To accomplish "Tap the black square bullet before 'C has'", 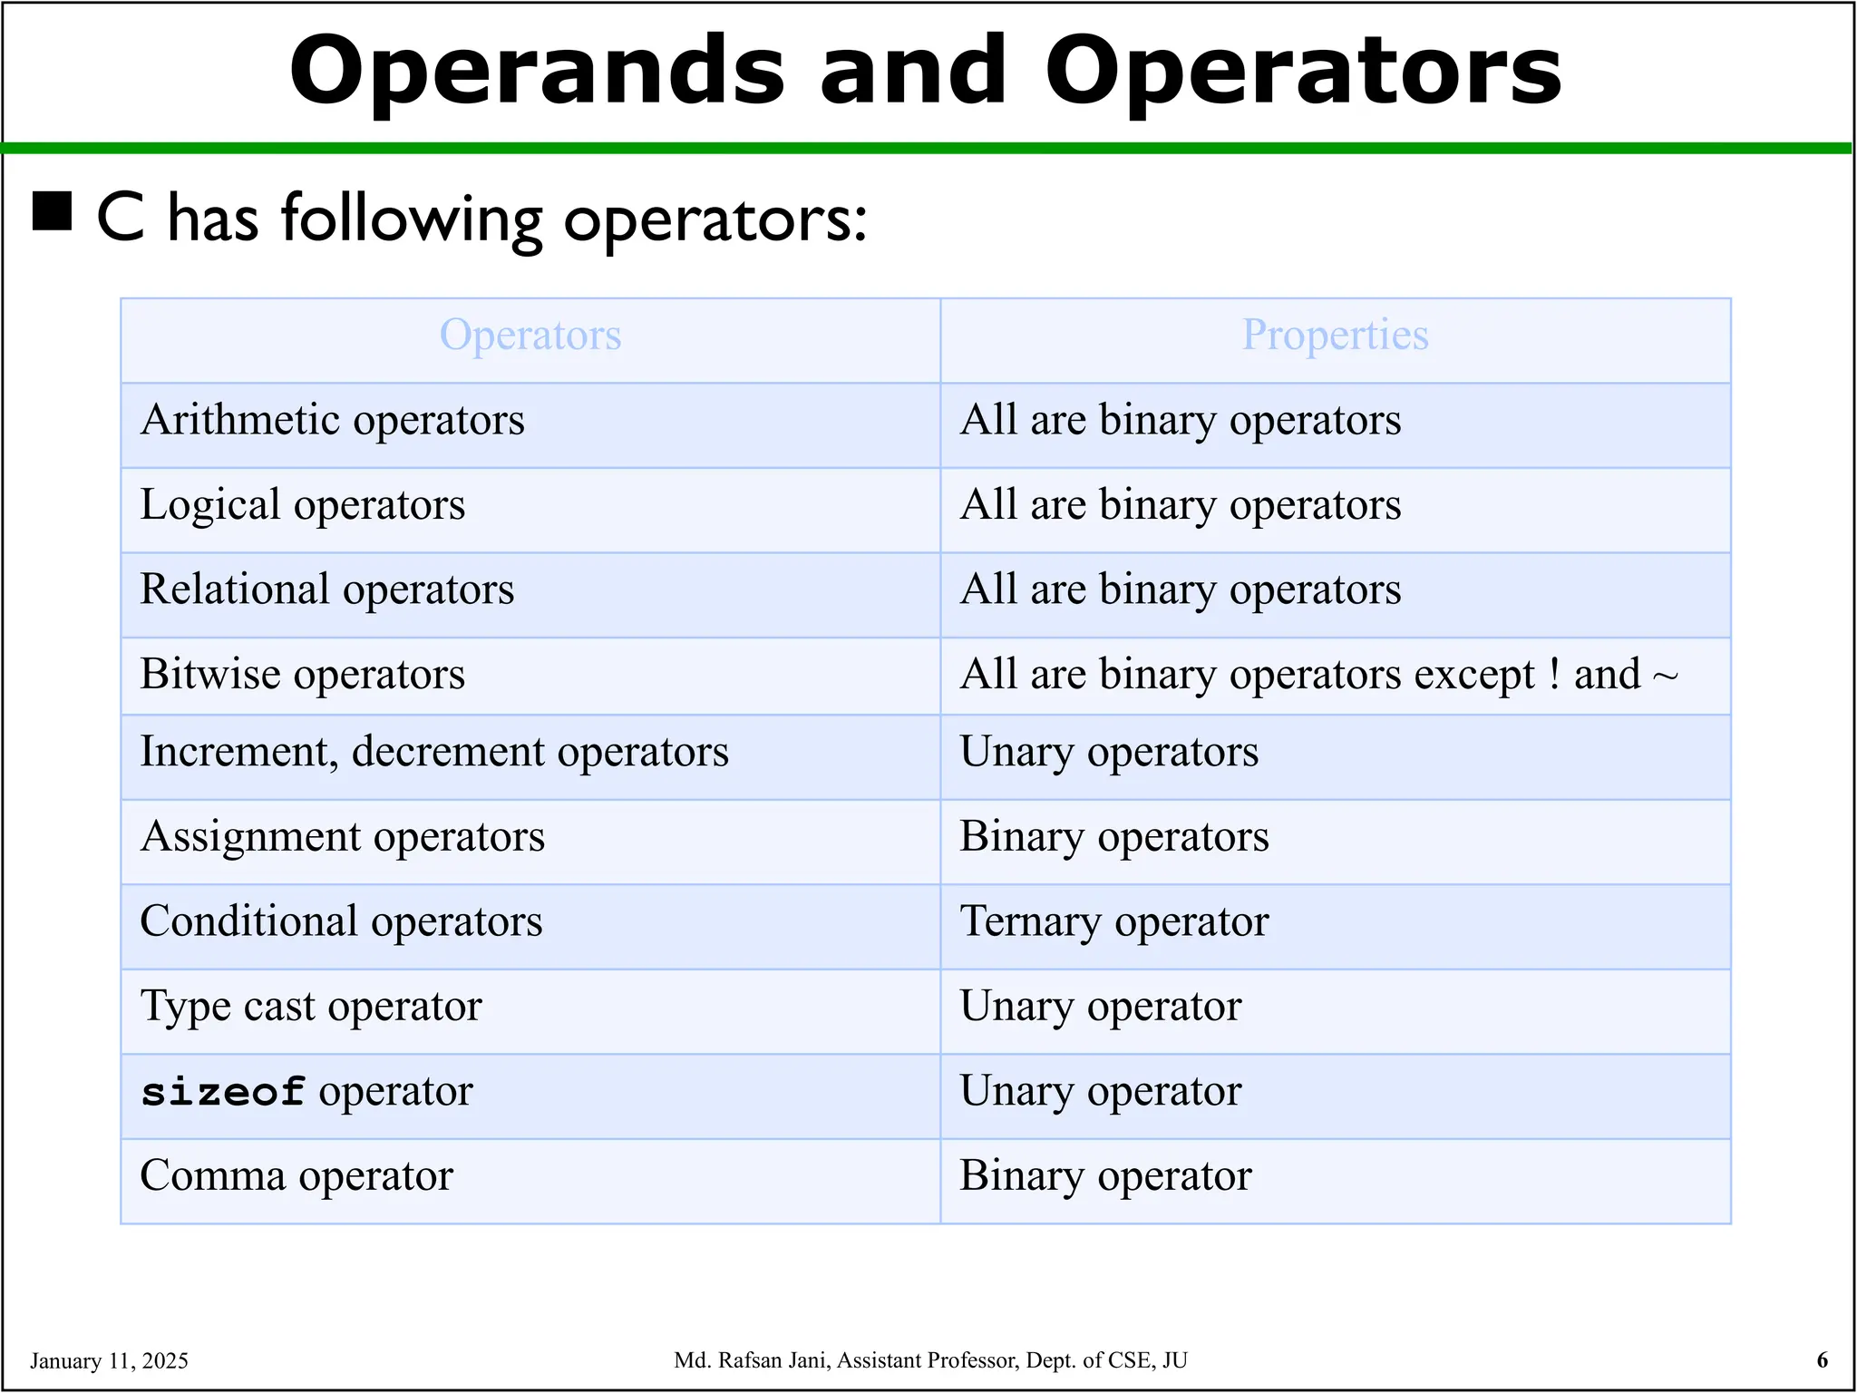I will (x=53, y=211).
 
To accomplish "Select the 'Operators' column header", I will (x=530, y=335).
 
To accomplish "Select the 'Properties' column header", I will (x=1335, y=335).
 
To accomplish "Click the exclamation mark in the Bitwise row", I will (x=1554, y=675).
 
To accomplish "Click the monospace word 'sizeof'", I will (x=223, y=1092).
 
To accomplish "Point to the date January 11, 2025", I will (x=109, y=1360).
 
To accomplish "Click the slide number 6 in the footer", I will (x=1823, y=1359).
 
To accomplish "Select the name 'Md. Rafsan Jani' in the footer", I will (x=752, y=1360).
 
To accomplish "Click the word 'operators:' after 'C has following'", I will (x=715, y=220).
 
